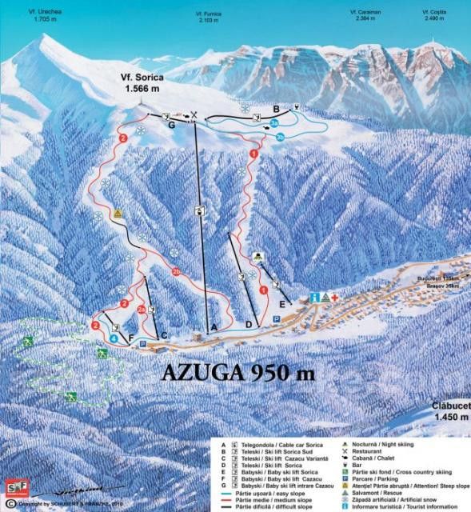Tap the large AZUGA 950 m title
pyautogui.click(x=238, y=372)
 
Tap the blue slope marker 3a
pyautogui.click(x=274, y=124)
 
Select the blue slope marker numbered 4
pyautogui.click(x=114, y=338)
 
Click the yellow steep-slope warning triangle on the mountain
pyautogui.click(x=118, y=214)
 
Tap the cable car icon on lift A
pyautogui.click(x=199, y=211)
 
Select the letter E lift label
pyautogui.click(x=281, y=304)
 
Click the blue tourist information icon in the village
pyautogui.click(x=314, y=298)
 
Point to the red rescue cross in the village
pyautogui.click(x=335, y=298)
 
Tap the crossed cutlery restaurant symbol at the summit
pyautogui.click(x=193, y=115)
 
